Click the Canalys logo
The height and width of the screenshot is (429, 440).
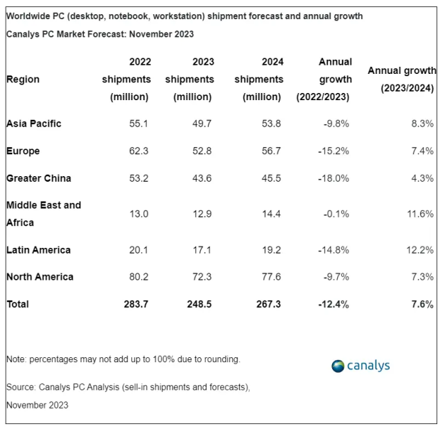click(361, 366)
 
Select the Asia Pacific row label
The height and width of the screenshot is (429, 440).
click(34, 124)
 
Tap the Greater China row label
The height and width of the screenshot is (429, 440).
click(38, 178)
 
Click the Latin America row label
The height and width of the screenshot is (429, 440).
click(38, 250)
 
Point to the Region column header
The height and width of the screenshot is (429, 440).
click(23, 80)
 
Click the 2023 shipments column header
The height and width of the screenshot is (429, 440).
click(189, 80)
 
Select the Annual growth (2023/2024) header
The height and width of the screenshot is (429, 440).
click(402, 80)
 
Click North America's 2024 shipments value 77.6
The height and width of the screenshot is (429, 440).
click(271, 277)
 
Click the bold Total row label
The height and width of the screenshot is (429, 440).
click(18, 304)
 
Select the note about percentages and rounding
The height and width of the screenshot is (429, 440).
click(123, 359)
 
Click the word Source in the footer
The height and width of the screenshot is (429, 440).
click(21, 387)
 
